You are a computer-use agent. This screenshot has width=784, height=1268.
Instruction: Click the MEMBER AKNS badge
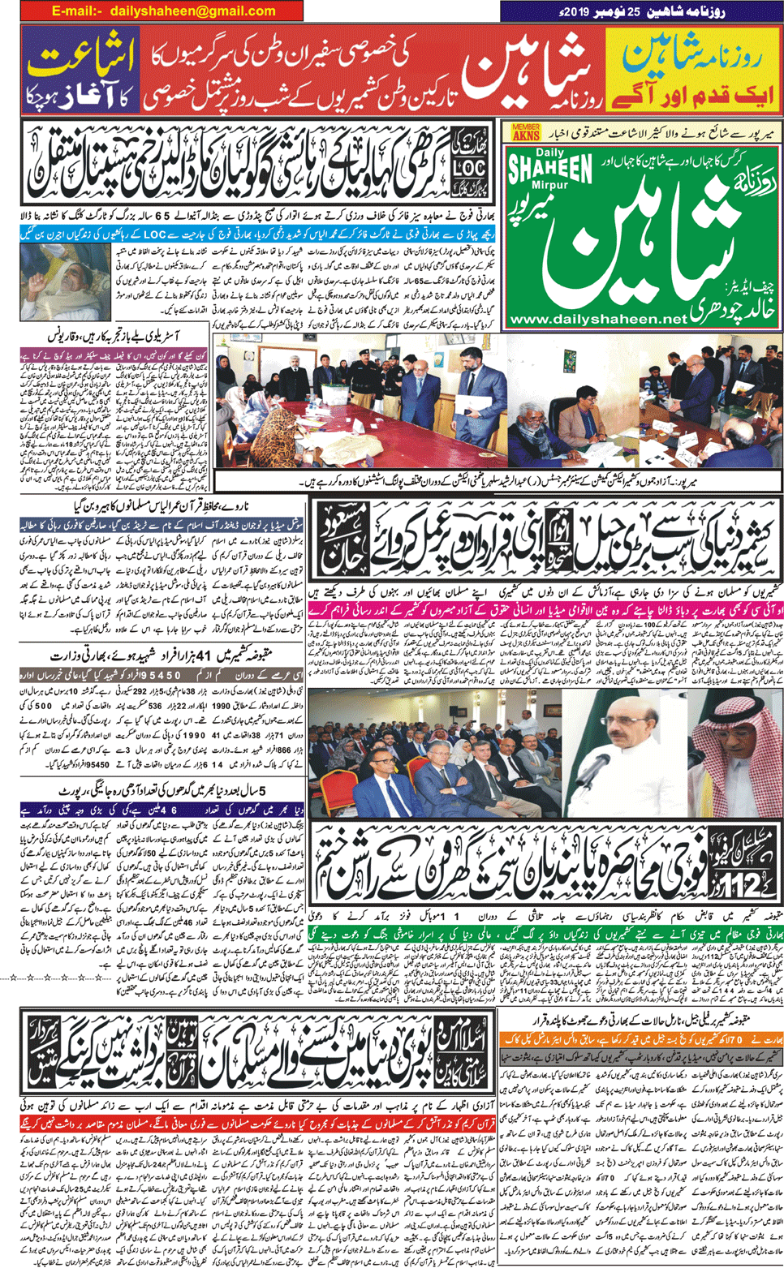(x=526, y=132)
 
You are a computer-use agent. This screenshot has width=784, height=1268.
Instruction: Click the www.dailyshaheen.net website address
(x=599, y=320)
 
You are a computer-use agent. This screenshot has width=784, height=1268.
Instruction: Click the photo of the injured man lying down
(x=65, y=282)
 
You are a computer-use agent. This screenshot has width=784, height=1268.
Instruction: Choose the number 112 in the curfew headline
(x=739, y=884)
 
